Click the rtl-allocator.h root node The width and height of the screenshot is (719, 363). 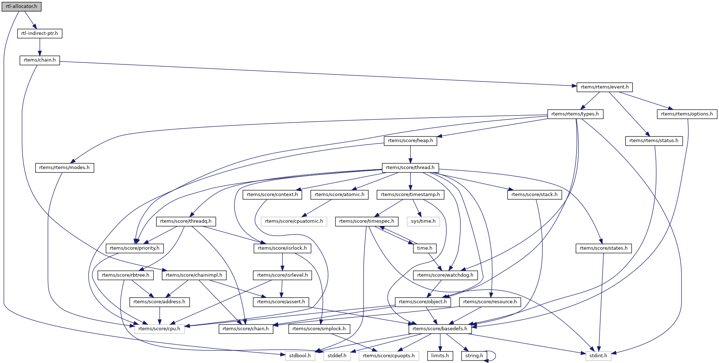coord(21,6)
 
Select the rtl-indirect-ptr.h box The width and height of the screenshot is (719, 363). coord(40,33)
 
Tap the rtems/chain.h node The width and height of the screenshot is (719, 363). coord(40,60)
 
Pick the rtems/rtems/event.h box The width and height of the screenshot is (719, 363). coord(605,87)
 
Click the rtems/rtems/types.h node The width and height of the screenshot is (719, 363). coord(575,114)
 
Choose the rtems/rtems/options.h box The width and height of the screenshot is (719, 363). coord(687,114)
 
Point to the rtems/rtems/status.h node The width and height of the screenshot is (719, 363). coord(654,141)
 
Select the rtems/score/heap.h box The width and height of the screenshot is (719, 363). coord(410,141)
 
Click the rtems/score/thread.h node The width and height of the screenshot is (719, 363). coord(410,168)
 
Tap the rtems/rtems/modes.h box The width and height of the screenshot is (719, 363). coord(64,168)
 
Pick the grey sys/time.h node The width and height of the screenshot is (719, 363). coord(423,221)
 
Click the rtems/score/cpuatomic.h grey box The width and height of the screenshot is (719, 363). coord(294,221)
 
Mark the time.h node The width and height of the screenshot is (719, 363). coord(424,248)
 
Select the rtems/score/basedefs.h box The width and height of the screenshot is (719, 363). coord(440,329)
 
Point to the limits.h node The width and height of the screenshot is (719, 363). coord(440,356)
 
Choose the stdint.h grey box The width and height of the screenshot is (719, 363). coord(598,356)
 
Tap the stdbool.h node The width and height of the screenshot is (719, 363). coord(300,356)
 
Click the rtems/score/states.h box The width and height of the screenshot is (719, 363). coord(603,248)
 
